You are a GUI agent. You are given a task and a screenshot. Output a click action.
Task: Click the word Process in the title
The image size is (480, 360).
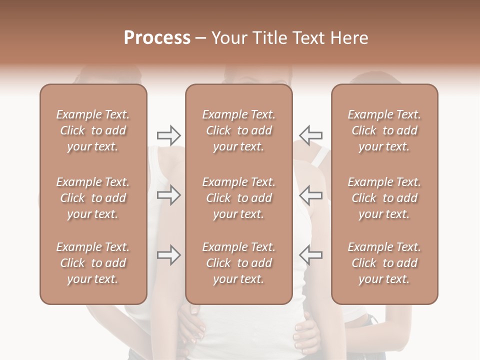(x=157, y=37)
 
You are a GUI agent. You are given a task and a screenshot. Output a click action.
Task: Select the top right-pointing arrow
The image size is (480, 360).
(x=168, y=135)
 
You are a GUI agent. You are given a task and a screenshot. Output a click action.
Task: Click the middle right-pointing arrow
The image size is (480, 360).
(x=168, y=195)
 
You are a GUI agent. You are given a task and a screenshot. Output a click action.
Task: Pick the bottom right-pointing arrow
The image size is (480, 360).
(x=168, y=255)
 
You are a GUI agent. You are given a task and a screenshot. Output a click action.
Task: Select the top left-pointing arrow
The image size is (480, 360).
(x=310, y=135)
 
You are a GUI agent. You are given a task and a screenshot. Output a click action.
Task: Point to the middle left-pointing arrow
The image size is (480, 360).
(x=310, y=195)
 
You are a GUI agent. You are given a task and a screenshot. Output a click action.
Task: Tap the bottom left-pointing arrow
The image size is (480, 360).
(x=310, y=255)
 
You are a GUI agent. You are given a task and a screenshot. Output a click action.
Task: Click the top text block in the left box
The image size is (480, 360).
(x=93, y=130)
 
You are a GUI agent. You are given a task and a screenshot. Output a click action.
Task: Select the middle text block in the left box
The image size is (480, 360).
(x=93, y=198)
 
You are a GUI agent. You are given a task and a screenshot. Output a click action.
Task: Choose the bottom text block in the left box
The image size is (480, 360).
(x=93, y=263)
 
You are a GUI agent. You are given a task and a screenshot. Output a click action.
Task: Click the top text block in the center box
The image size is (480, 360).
(x=239, y=130)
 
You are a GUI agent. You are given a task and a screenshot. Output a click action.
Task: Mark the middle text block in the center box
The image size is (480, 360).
(x=239, y=198)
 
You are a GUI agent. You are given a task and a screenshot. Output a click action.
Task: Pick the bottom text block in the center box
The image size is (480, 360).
(x=239, y=263)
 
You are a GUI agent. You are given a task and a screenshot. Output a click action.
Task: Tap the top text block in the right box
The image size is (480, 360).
(x=384, y=130)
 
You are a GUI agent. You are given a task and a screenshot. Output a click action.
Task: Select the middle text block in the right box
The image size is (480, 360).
(x=384, y=198)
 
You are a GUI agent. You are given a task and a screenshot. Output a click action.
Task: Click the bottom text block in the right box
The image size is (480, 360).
(x=384, y=263)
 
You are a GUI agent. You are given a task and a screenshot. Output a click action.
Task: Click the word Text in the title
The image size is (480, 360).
(x=311, y=37)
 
